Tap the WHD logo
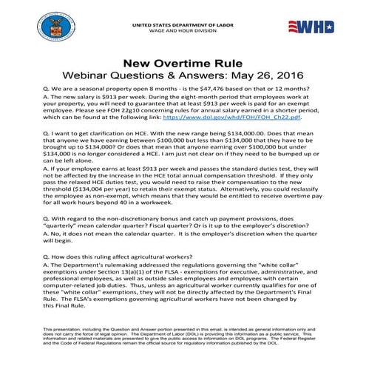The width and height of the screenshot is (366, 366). point(322,28)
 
